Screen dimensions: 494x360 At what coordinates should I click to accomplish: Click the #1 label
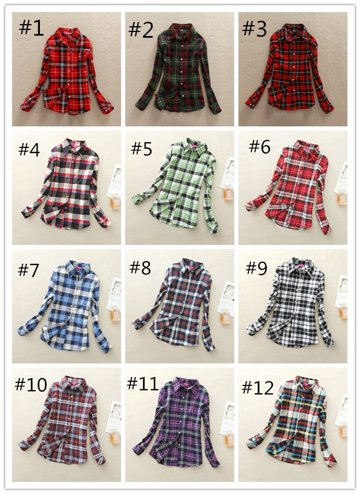pos(31,28)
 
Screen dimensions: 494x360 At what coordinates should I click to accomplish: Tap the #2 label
pos(141,30)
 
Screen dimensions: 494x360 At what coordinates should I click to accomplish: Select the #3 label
pos(255,29)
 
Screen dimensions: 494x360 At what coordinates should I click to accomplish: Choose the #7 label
pos(29,270)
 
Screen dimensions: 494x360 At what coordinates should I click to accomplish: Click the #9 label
pos(256,269)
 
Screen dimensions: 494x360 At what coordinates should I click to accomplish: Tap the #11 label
pos(143,383)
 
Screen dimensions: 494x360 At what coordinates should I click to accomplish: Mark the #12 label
pos(258,388)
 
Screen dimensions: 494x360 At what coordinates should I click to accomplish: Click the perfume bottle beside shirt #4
pos(115,201)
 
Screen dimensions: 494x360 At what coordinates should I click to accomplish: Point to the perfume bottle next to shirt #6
pos(343,198)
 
